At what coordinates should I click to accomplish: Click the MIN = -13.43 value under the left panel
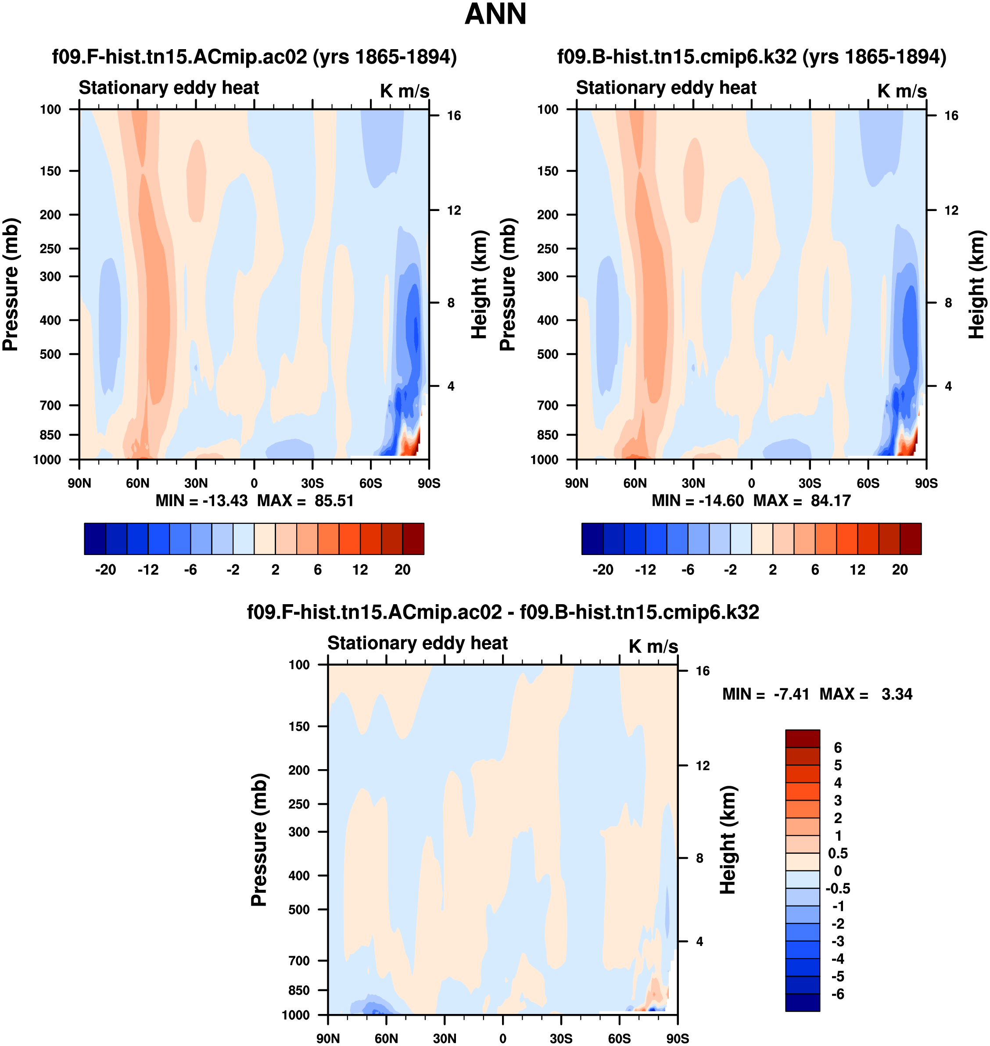click(201, 500)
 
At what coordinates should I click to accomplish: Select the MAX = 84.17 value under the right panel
click(802, 500)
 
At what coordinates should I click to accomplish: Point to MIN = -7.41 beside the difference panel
click(765, 694)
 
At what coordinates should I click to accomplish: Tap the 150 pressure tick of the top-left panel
click(50, 171)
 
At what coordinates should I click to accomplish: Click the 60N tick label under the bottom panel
click(386, 1038)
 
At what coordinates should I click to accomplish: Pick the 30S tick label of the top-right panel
click(810, 483)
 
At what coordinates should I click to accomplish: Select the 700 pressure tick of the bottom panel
click(299, 960)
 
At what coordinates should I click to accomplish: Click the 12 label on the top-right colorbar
click(857, 570)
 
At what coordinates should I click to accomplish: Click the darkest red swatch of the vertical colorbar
click(802, 738)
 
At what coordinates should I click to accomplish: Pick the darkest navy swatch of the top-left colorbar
click(95, 539)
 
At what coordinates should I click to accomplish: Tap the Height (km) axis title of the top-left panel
click(479, 285)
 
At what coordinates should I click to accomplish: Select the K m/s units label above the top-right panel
click(902, 91)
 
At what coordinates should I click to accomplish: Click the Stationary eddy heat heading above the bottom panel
click(417, 643)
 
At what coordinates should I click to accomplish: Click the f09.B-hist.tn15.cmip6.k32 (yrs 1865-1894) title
click(751, 57)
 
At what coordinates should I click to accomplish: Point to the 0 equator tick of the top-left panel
click(255, 483)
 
